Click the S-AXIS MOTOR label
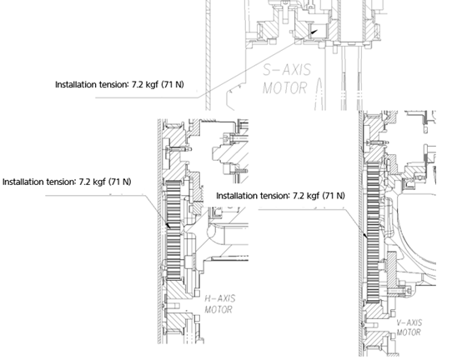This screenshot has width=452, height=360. click(287, 79)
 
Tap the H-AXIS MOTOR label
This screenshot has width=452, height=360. click(220, 304)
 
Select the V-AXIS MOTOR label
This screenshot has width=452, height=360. click(409, 327)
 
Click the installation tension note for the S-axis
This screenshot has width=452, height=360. click(119, 85)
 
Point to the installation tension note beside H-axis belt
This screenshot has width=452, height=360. click(67, 182)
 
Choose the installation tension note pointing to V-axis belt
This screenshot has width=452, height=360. click(280, 196)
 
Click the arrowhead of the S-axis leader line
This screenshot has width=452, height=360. click(314, 32)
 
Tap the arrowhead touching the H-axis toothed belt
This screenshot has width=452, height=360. click(168, 225)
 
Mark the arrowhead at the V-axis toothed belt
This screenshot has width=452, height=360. click(365, 236)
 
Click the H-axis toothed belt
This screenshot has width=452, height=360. click(173, 230)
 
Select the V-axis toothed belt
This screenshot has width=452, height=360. click(373, 232)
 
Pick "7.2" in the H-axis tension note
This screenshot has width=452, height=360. click(83, 182)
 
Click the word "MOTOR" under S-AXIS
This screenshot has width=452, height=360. click(284, 87)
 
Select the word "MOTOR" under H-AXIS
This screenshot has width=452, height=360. click(218, 310)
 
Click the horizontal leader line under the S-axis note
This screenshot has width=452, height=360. click(147, 97)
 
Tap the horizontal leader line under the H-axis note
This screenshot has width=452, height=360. click(95, 196)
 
